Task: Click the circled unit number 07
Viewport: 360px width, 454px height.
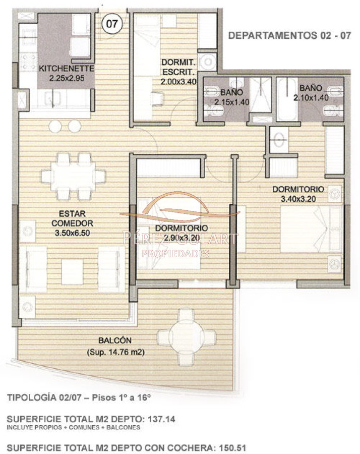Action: [111, 24]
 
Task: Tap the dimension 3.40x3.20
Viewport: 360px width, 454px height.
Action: [302, 198]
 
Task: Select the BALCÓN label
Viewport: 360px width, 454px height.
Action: [115, 340]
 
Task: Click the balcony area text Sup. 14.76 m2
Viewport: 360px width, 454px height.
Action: [115, 352]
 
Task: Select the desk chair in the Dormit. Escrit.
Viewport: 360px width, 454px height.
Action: [158, 96]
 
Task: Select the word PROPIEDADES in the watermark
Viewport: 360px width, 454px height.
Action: [175, 253]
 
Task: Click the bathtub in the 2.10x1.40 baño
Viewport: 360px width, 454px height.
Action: [288, 98]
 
